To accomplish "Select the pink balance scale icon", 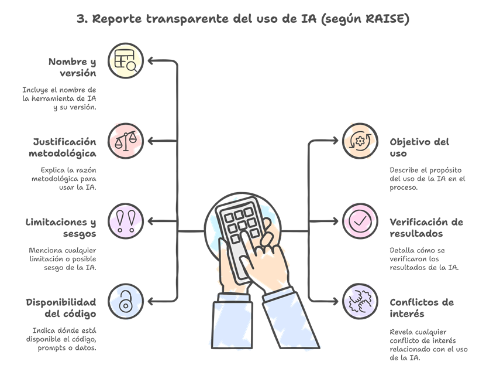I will [x=126, y=141].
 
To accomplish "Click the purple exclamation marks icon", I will [x=126, y=221].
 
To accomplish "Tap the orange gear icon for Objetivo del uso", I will [x=360, y=141].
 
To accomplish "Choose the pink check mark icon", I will [x=360, y=221].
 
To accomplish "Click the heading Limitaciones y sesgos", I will [x=61, y=227].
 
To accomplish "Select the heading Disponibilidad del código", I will [x=61, y=308].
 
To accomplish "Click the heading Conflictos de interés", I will [x=421, y=308].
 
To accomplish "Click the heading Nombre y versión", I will [x=73, y=67].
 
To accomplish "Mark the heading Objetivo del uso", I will [x=419, y=147].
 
